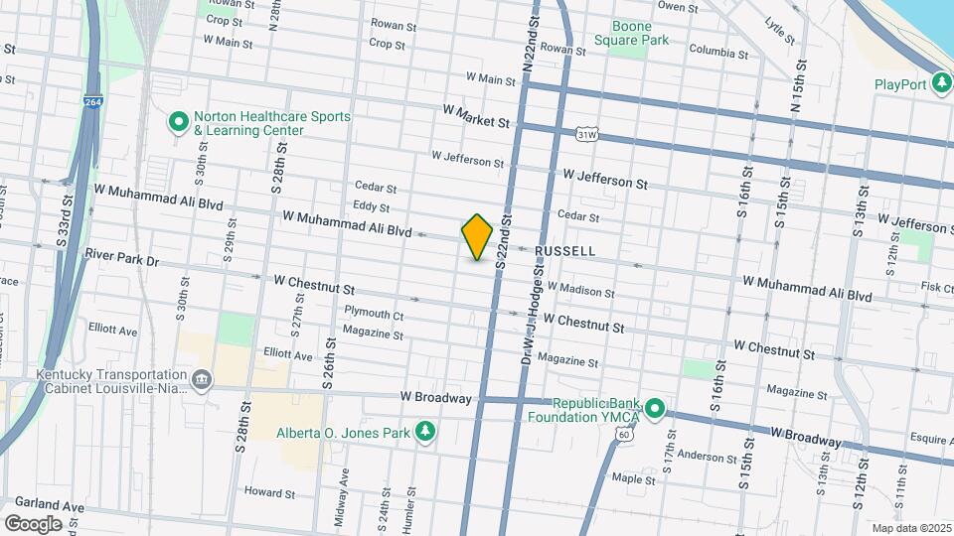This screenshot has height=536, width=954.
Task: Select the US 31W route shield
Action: (x=587, y=133)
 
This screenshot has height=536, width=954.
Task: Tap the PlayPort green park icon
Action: (x=941, y=84)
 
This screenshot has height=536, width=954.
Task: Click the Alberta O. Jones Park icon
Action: (x=425, y=432)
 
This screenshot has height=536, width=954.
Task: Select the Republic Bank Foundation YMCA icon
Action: (x=654, y=408)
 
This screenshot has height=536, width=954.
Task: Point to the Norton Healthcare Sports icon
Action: (x=179, y=123)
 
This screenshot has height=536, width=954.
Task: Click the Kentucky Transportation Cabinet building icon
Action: (x=202, y=380)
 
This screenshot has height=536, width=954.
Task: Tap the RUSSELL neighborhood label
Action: (x=565, y=252)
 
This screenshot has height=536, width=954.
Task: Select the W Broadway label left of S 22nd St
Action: (x=435, y=398)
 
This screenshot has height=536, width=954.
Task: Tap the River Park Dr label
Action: (x=122, y=260)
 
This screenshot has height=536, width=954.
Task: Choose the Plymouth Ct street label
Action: (x=374, y=314)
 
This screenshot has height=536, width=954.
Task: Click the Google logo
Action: (x=33, y=523)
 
